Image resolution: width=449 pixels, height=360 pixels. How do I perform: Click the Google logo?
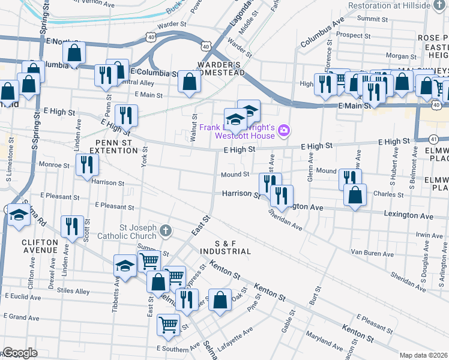(x=20, y=352)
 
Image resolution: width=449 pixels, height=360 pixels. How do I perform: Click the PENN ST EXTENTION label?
(x=113, y=146)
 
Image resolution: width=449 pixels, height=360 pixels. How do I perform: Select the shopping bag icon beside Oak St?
(x=220, y=299)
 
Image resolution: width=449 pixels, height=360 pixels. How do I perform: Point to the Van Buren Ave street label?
(x=369, y=251)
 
